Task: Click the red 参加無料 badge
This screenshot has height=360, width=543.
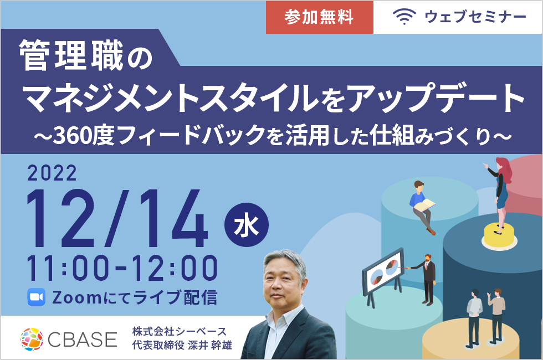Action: pyautogui.click(x=319, y=17)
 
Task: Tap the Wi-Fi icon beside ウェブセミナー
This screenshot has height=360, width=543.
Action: pyautogui.click(x=404, y=17)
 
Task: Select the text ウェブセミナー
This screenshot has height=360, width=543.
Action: pyautogui.click(x=475, y=17)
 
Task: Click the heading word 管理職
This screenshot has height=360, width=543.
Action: pyautogui.click(x=71, y=55)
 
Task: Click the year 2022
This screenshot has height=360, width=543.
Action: pyautogui.click(x=52, y=173)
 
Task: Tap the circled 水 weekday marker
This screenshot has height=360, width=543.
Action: pyautogui.click(x=246, y=225)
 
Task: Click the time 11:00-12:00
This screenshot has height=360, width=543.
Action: pyautogui.click(x=122, y=268)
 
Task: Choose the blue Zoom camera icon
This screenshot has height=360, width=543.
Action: pyautogui.click(x=37, y=297)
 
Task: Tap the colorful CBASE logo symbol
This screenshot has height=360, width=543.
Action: pyautogui.click(x=32, y=339)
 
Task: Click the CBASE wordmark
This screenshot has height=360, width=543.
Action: pyautogui.click(x=83, y=339)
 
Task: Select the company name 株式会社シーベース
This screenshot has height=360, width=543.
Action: pyautogui.click(x=179, y=332)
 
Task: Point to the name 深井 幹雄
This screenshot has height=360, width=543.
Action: pyautogui.click(x=210, y=346)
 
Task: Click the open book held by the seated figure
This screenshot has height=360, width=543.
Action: pyautogui.click(x=425, y=205)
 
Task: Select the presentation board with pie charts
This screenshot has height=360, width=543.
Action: pyautogui.click(x=383, y=271)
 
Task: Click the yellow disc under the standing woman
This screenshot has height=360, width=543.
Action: pyautogui.click(x=499, y=235)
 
